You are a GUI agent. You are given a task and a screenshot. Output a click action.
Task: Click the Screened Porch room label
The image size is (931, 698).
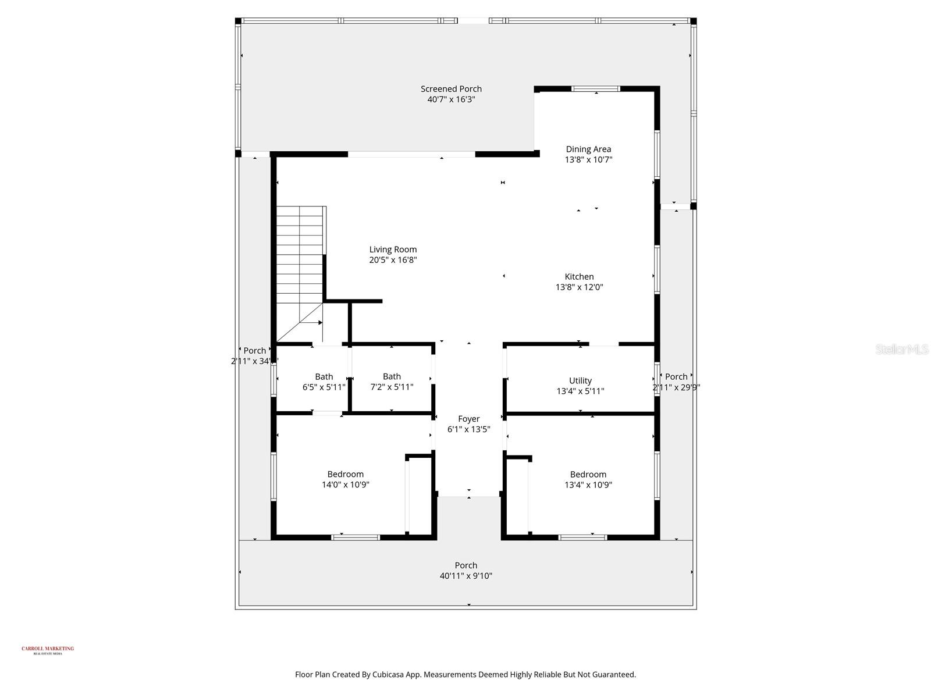[451, 89]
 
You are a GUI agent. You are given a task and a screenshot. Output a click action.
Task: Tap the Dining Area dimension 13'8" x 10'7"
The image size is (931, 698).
[588, 159]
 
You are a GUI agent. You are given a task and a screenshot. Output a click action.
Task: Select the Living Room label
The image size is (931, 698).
[393, 250]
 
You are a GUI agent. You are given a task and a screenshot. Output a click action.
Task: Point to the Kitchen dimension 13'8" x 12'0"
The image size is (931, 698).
[579, 287]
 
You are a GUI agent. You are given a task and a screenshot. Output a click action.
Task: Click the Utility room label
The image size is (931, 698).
[580, 380]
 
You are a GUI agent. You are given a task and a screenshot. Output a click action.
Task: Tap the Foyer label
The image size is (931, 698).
[468, 419]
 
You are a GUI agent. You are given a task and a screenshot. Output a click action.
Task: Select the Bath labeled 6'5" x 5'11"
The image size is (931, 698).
[324, 382]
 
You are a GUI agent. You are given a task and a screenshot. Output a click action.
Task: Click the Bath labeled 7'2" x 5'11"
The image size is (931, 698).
[392, 382]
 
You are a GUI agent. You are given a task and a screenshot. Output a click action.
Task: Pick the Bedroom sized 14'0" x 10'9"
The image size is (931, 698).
[346, 479]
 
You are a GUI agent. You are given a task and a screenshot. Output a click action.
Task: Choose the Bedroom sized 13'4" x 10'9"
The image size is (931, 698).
[588, 479]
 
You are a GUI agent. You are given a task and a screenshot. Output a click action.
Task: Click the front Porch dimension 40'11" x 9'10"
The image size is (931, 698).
[465, 576]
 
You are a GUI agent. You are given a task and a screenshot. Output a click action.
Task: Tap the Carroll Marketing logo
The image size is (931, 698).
[48, 650]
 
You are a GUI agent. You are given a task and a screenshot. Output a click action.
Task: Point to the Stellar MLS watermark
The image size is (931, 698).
[902, 349]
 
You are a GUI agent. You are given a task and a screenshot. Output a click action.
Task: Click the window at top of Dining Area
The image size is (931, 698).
[596, 89]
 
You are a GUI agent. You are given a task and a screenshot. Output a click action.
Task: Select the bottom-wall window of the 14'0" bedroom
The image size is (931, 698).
[356, 537]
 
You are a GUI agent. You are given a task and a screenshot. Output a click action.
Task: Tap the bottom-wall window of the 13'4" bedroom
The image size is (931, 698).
[582, 537]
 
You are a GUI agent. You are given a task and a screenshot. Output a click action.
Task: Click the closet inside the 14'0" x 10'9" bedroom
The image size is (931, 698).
[420, 494]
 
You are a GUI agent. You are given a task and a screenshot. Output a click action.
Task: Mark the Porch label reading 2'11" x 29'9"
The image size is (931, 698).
[676, 387]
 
